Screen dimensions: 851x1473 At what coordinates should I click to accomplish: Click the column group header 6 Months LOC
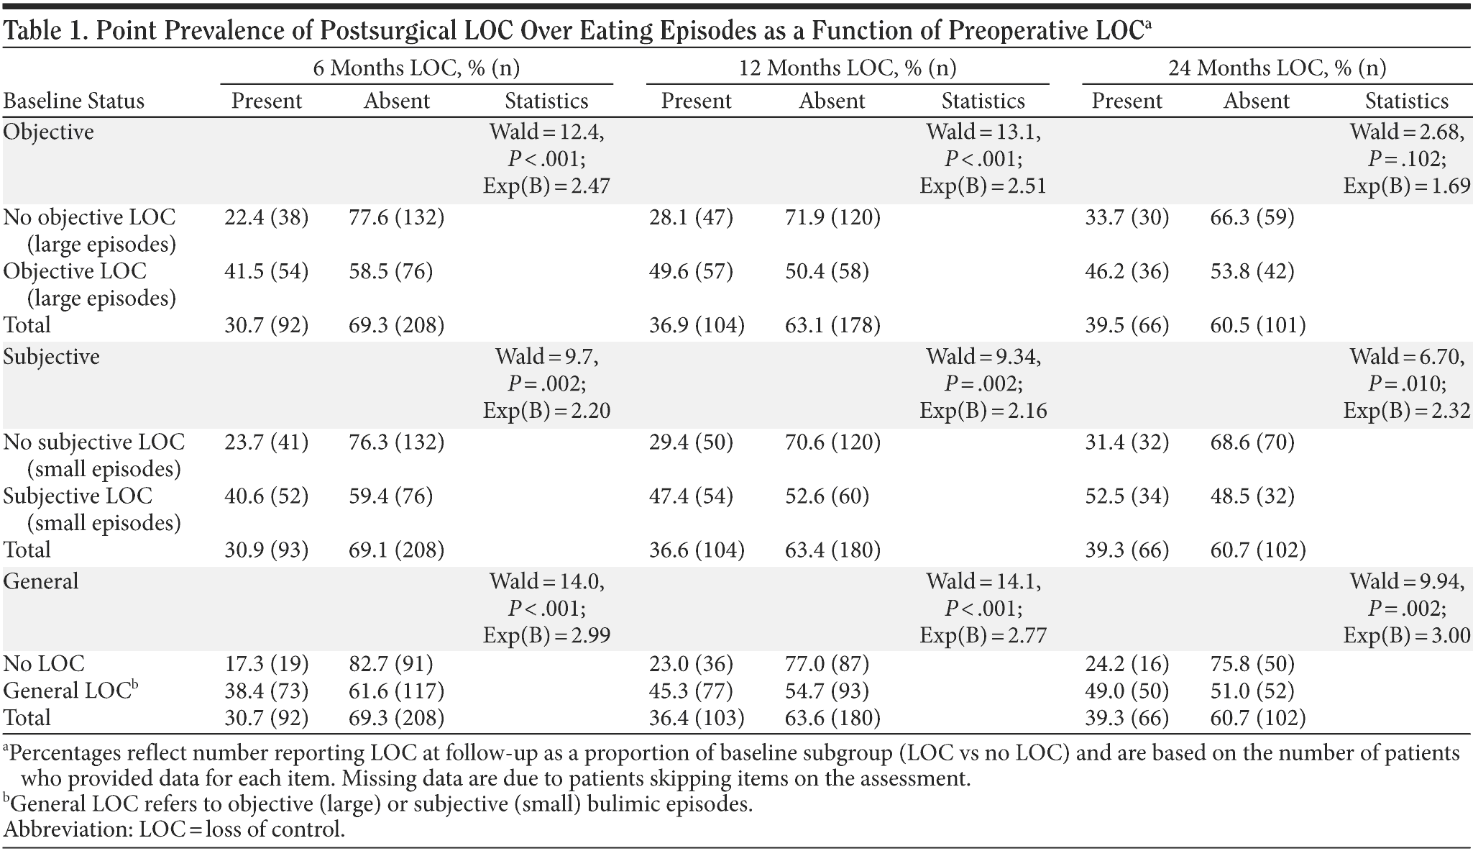tap(416, 68)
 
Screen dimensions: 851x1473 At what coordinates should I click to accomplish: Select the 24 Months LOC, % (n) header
tap(1277, 68)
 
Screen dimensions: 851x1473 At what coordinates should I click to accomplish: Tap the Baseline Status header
tap(73, 101)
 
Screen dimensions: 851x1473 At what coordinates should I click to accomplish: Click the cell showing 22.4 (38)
tap(266, 217)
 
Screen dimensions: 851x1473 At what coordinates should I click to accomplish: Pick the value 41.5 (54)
tap(266, 271)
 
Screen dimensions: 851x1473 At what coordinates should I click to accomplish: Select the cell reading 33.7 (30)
tap(1126, 217)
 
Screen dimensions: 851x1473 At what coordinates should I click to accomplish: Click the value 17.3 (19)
tap(266, 663)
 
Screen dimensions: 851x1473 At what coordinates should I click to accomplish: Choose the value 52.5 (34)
tap(1126, 496)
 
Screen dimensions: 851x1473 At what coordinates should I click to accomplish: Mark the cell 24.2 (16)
tap(1126, 663)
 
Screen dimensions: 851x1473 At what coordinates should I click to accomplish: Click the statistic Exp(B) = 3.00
tap(1407, 636)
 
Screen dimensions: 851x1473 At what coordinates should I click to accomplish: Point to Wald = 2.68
tap(1407, 132)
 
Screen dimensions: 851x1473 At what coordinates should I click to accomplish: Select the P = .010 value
tap(1407, 383)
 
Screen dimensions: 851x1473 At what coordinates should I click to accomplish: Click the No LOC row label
tap(44, 663)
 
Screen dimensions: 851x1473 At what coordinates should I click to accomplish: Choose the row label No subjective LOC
tap(93, 442)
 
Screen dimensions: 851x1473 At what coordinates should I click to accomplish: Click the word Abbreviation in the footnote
tap(68, 829)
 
